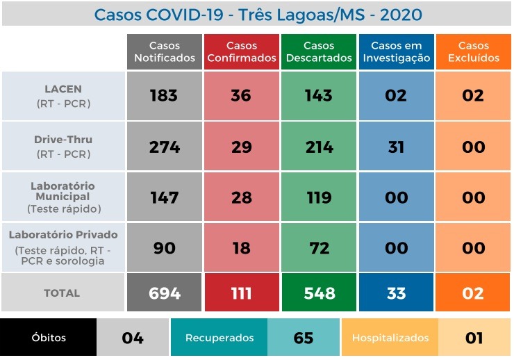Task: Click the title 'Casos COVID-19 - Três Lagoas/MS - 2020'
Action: point(257,15)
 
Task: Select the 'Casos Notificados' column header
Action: point(165,52)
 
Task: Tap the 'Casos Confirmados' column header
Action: point(242,52)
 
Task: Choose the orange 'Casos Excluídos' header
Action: point(473,52)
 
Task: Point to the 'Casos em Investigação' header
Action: point(396,52)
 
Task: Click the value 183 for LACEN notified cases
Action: point(164,96)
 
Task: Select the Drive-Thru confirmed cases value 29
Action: point(241,147)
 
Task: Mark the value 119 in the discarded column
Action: point(319,197)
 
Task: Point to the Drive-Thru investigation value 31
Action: point(396,147)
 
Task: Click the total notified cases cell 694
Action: point(165,293)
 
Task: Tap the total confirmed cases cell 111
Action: point(241,293)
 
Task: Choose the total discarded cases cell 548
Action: point(319,293)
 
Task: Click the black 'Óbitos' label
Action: point(49,338)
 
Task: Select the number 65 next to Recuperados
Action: point(304,338)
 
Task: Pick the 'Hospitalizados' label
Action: point(389,338)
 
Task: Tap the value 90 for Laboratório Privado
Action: point(164,247)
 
